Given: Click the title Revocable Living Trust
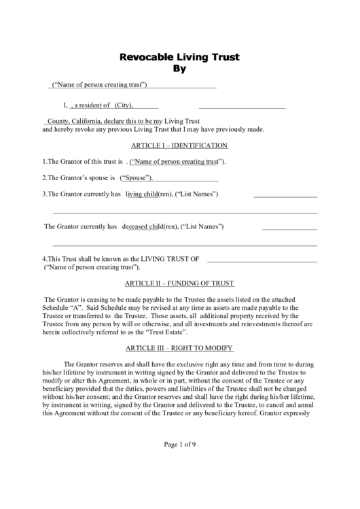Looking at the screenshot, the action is pyautogui.click(x=180, y=57).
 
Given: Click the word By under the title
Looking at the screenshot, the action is pyautogui.click(x=179, y=69).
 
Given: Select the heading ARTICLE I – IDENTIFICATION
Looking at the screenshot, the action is pyautogui.click(x=179, y=145).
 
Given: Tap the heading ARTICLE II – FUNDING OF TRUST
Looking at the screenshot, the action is pyautogui.click(x=179, y=283).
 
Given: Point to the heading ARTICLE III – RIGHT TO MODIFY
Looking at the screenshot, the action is pyautogui.click(x=179, y=347).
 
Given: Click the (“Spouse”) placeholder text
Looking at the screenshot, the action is pyautogui.click(x=137, y=178).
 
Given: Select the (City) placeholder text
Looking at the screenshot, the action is pyautogui.click(x=123, y=105).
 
